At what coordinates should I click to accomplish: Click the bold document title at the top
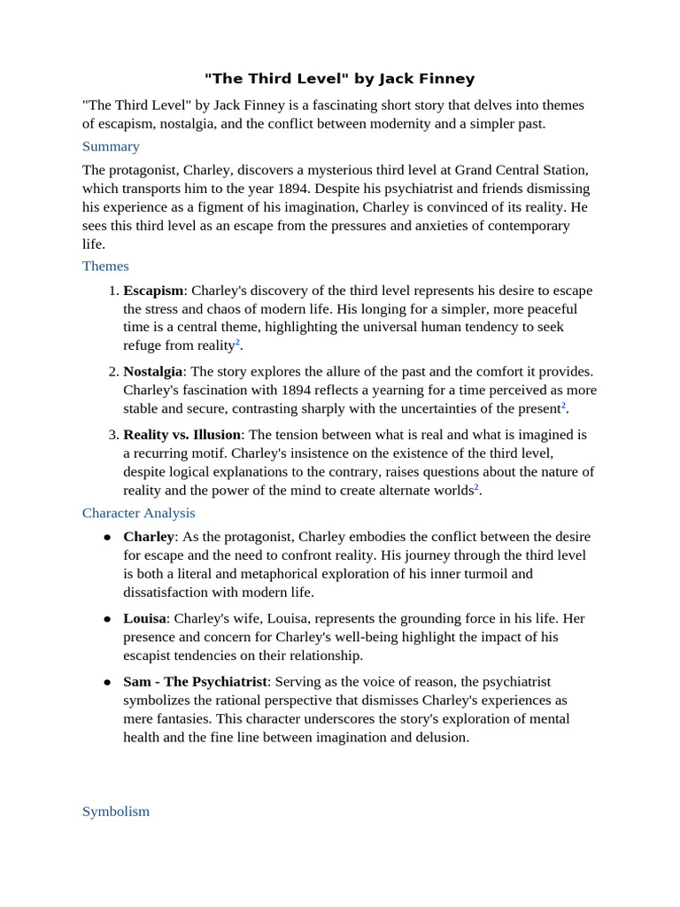click(x=340, y=79)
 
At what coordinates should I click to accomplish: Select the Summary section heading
click(x=111, y=146)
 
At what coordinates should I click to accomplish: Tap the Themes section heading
click(x=105, y=266)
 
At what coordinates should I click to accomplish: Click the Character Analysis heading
click(x=139, y=513)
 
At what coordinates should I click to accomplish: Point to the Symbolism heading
click(x=116, y=811)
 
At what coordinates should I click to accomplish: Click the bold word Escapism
click(x=153, y=291)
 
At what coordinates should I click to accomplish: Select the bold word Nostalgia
click(x=152, y=371)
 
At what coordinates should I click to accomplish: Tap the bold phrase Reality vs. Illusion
click(x=182, y=435)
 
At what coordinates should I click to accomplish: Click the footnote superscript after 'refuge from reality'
click(x=237, y=343)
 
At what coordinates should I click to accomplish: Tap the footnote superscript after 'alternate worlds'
click(x=477, y=487)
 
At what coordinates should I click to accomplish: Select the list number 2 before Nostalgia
click(x=112, y=371)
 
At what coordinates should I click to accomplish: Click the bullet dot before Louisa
click(x=107, y=619)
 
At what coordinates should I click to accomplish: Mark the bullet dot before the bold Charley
click(x=107, y=538)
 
